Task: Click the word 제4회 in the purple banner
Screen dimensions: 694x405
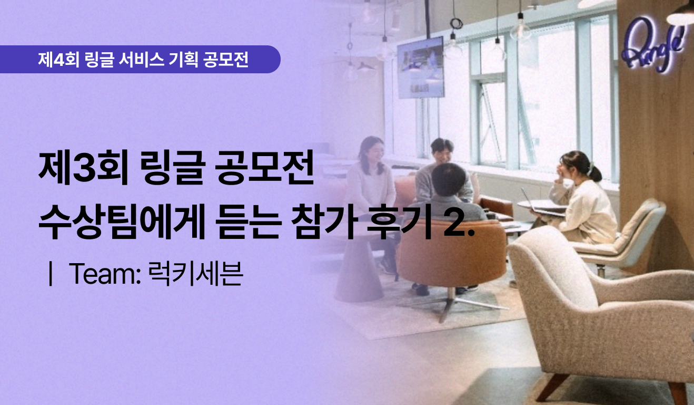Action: (58, 59)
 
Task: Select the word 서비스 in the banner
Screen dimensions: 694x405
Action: (141, 59)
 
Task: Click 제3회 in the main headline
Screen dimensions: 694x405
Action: (83, 168)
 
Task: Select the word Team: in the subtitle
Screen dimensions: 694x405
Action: (105, 273)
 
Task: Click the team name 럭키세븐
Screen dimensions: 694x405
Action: (195, 273)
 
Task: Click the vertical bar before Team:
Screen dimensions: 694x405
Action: (50, 273)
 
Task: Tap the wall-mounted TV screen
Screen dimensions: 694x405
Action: (420, 67)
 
